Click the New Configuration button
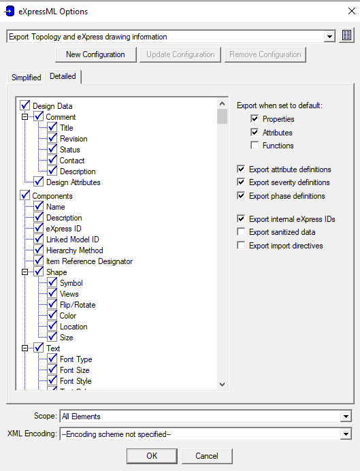95,54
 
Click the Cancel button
207,456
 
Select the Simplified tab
26,78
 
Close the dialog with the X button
352,11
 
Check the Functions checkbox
255,146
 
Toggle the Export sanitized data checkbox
241,232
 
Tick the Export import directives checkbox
241,246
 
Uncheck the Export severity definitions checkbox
241,182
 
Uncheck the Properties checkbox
255,118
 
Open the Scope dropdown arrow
346,417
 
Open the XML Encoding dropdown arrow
346,434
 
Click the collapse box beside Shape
25,272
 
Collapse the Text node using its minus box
25,348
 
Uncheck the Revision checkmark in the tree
52,138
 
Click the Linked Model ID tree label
72,240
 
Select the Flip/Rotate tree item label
78,305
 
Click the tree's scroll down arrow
222,384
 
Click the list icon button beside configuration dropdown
346,36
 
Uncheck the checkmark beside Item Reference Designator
39,261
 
